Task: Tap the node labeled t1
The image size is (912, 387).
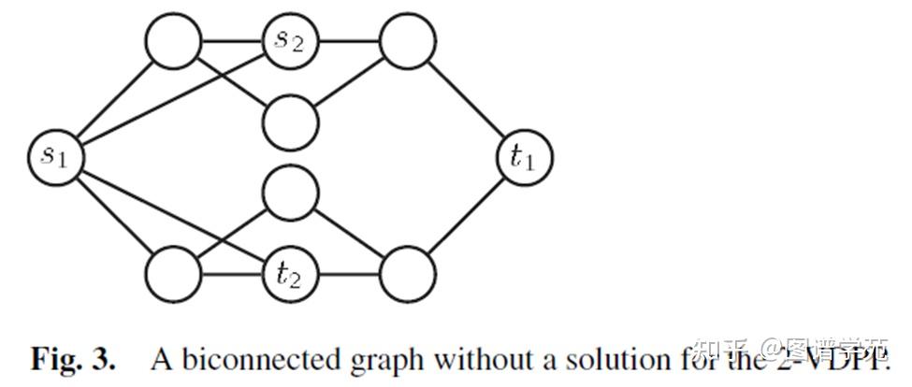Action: (x=524, y=156)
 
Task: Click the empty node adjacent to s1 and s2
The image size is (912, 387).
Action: (x=173, y=40)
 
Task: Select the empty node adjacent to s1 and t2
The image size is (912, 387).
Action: (x=173, y=274)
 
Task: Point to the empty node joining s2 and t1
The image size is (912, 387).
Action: (x=407, y=40)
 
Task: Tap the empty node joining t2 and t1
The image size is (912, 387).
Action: (x=407, y=274)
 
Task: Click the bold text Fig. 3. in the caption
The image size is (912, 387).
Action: (x=74, y=358)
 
